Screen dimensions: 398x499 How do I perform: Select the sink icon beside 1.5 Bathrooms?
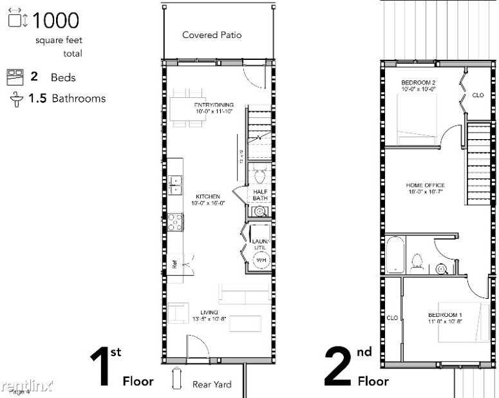[x=15, y=99]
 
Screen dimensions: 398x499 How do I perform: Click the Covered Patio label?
[x=212, y=35]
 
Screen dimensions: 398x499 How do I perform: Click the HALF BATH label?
[x=260, y=195]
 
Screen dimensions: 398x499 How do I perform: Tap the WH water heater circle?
[x=261, y=260]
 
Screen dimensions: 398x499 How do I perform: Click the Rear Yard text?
[x=212, y=384]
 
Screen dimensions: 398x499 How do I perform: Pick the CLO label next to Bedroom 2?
[x=478, y=95]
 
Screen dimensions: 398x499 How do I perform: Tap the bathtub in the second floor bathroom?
[x=395, y=254]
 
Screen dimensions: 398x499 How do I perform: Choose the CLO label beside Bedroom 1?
[x=392, y=317]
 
